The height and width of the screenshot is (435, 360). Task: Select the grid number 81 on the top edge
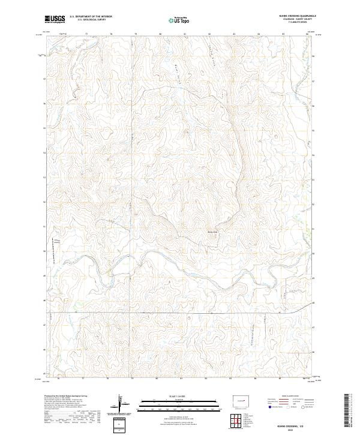click(x=185, y=35)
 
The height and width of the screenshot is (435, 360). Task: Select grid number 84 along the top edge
click(x=258, y=35)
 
